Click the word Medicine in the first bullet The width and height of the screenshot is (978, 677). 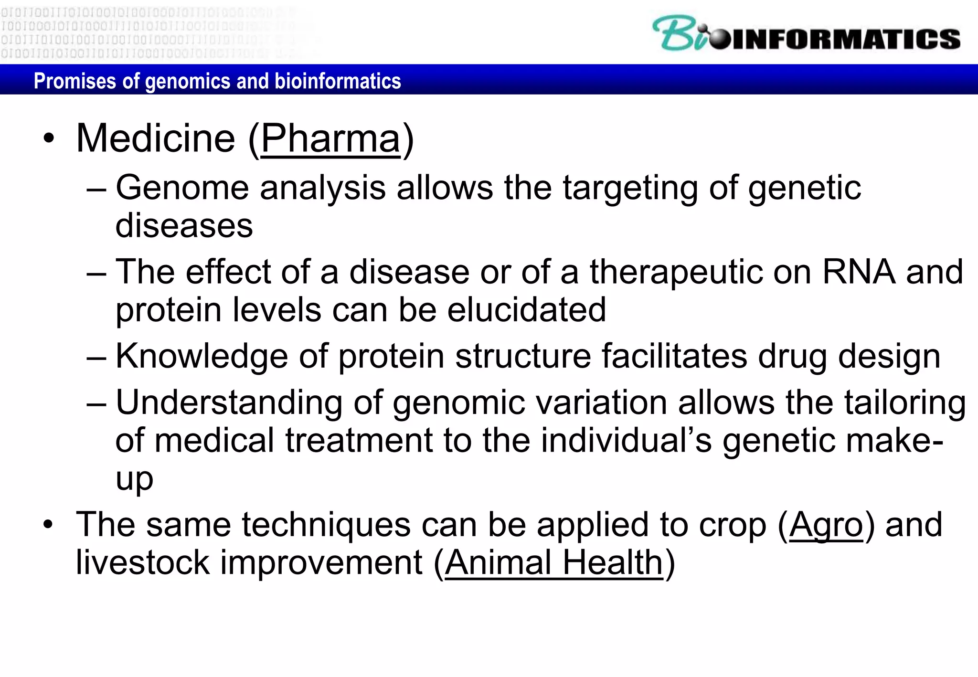pyautogui.click(x=156, y=138)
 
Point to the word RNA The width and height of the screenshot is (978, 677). pyautogui.click(x=858, y=272)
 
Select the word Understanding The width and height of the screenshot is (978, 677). pyautogui.click(x=229, y=403)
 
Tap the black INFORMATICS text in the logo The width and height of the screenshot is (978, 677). pyautogui.click(x=845, y=39)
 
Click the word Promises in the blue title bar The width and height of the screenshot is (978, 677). pyautogui.click(x=75, y=81)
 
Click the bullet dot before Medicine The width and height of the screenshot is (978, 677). pyautogui.click(x=49, y=139)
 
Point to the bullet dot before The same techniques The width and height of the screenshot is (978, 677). pyautogui.click(x=49, y=525)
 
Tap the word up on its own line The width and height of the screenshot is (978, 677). pyautogui.click(x=134, y=479)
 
